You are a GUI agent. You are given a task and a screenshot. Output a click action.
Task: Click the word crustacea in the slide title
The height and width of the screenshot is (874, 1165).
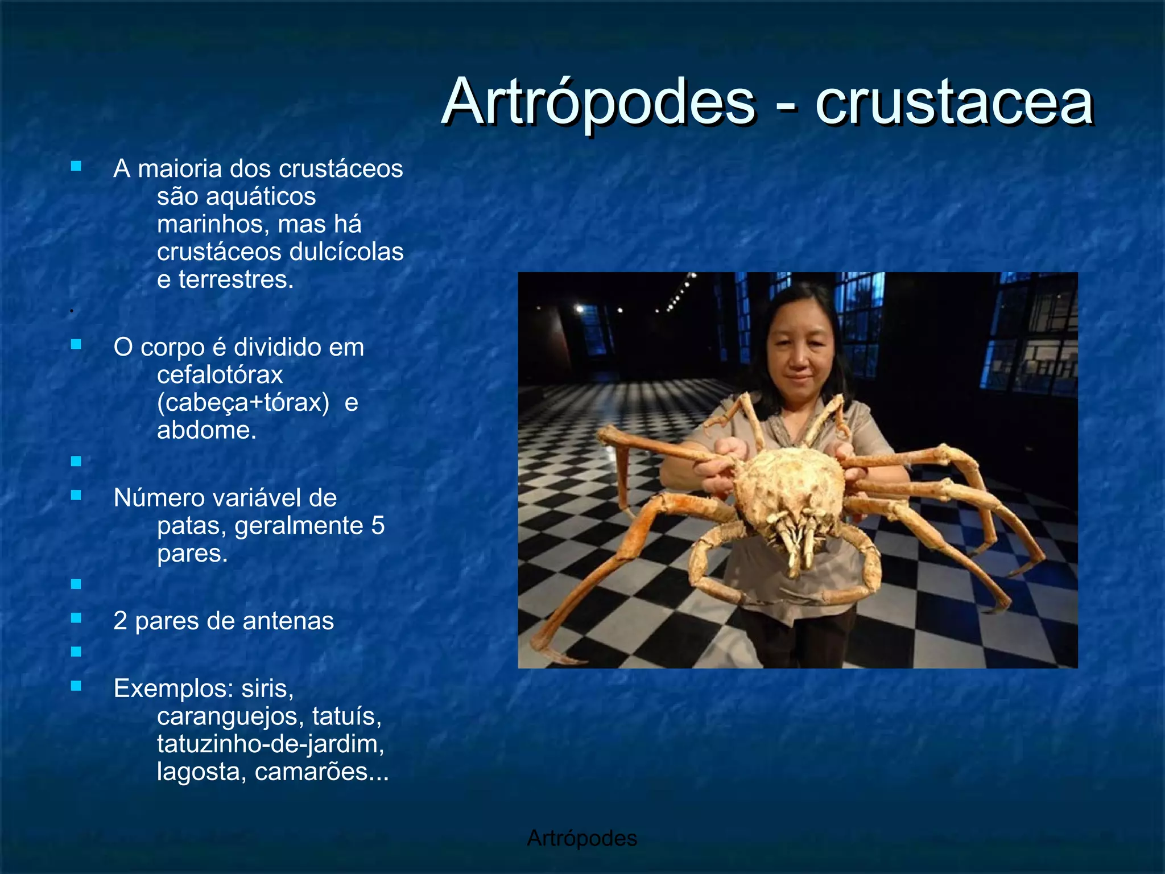click(954, 102)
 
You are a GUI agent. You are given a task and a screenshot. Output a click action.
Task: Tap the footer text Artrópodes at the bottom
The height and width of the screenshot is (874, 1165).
click(582, 838)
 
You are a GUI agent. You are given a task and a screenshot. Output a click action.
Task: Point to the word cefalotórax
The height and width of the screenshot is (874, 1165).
click(220, 374)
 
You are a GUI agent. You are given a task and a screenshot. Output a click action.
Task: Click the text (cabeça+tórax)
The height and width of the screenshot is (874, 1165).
click(243, 402)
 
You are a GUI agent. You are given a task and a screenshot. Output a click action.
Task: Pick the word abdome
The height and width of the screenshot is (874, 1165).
click(206, 430)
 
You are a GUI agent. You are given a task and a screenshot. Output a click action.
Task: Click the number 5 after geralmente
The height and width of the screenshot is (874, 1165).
click(378, 525)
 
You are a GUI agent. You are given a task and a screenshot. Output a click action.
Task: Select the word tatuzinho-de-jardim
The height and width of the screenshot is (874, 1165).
click(270, 744)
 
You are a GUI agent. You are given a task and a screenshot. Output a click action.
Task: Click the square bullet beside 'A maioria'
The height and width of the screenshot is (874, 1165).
click(76, 166)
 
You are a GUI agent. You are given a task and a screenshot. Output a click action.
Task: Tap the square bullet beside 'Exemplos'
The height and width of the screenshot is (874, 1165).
click(76, 686)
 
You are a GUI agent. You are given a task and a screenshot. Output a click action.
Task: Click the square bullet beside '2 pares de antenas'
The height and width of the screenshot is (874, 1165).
click(76, 618)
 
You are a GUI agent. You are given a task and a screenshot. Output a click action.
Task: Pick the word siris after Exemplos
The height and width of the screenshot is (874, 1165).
click(267, 689)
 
